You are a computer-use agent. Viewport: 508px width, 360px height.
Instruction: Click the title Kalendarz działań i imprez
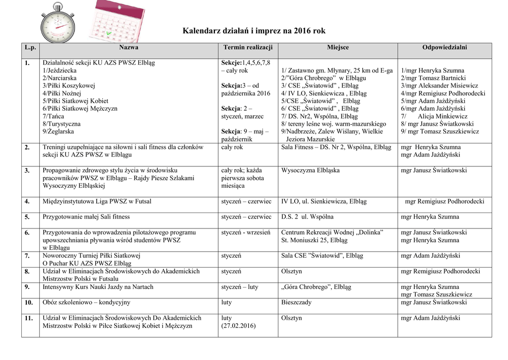point(254,31)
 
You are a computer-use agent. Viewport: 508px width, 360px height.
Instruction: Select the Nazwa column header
point(128,48)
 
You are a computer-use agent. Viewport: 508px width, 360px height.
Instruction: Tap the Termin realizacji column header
point(248,48)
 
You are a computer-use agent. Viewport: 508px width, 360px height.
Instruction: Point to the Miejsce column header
point(338,48)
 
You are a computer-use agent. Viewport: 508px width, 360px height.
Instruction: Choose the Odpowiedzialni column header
point(444,48)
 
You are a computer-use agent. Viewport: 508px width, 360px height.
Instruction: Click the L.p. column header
point(30,48)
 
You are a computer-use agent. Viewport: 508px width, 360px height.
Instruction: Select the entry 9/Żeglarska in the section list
point(58,132)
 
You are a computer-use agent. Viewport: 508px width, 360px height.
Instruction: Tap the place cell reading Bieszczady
point(297,302)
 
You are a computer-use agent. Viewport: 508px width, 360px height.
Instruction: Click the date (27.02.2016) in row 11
point(239,326)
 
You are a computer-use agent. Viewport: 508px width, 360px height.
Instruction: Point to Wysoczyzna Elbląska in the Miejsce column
point(311,171)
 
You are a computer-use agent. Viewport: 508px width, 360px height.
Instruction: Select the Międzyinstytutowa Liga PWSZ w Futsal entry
point(97,202)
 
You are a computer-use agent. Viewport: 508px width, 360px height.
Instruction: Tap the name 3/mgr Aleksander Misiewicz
point(440,86)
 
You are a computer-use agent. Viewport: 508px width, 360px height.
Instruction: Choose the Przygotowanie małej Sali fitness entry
point(86,217)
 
